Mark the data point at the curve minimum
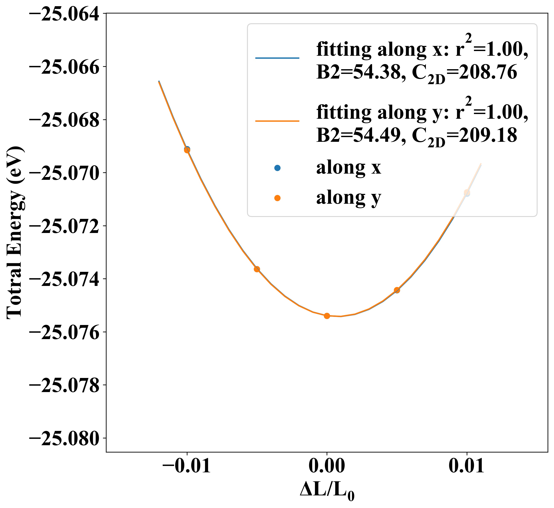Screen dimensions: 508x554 click(x=327, y=316)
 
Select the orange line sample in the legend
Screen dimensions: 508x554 click(x=277, y=121)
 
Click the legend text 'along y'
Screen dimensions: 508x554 click(x=348, y=197)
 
